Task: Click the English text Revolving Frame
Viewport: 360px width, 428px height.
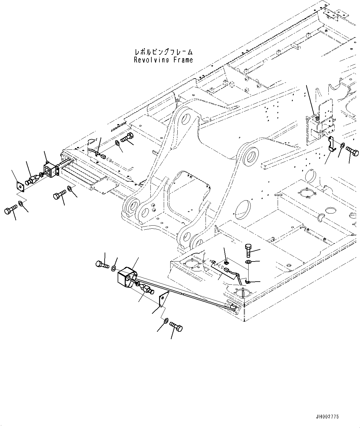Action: [x=163, y=60]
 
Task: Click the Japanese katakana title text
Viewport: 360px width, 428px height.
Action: [x=163, y=52]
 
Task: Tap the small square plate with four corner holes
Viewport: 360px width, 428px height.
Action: [x=20, y=186]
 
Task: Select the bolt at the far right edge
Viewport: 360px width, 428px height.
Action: [x=353, y=151]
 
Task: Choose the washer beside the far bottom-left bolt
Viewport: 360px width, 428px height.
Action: [x=20, y=203]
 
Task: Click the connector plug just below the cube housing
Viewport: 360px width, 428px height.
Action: [x=147, y=290]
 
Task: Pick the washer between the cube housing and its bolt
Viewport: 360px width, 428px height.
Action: [x=114, y=268]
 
